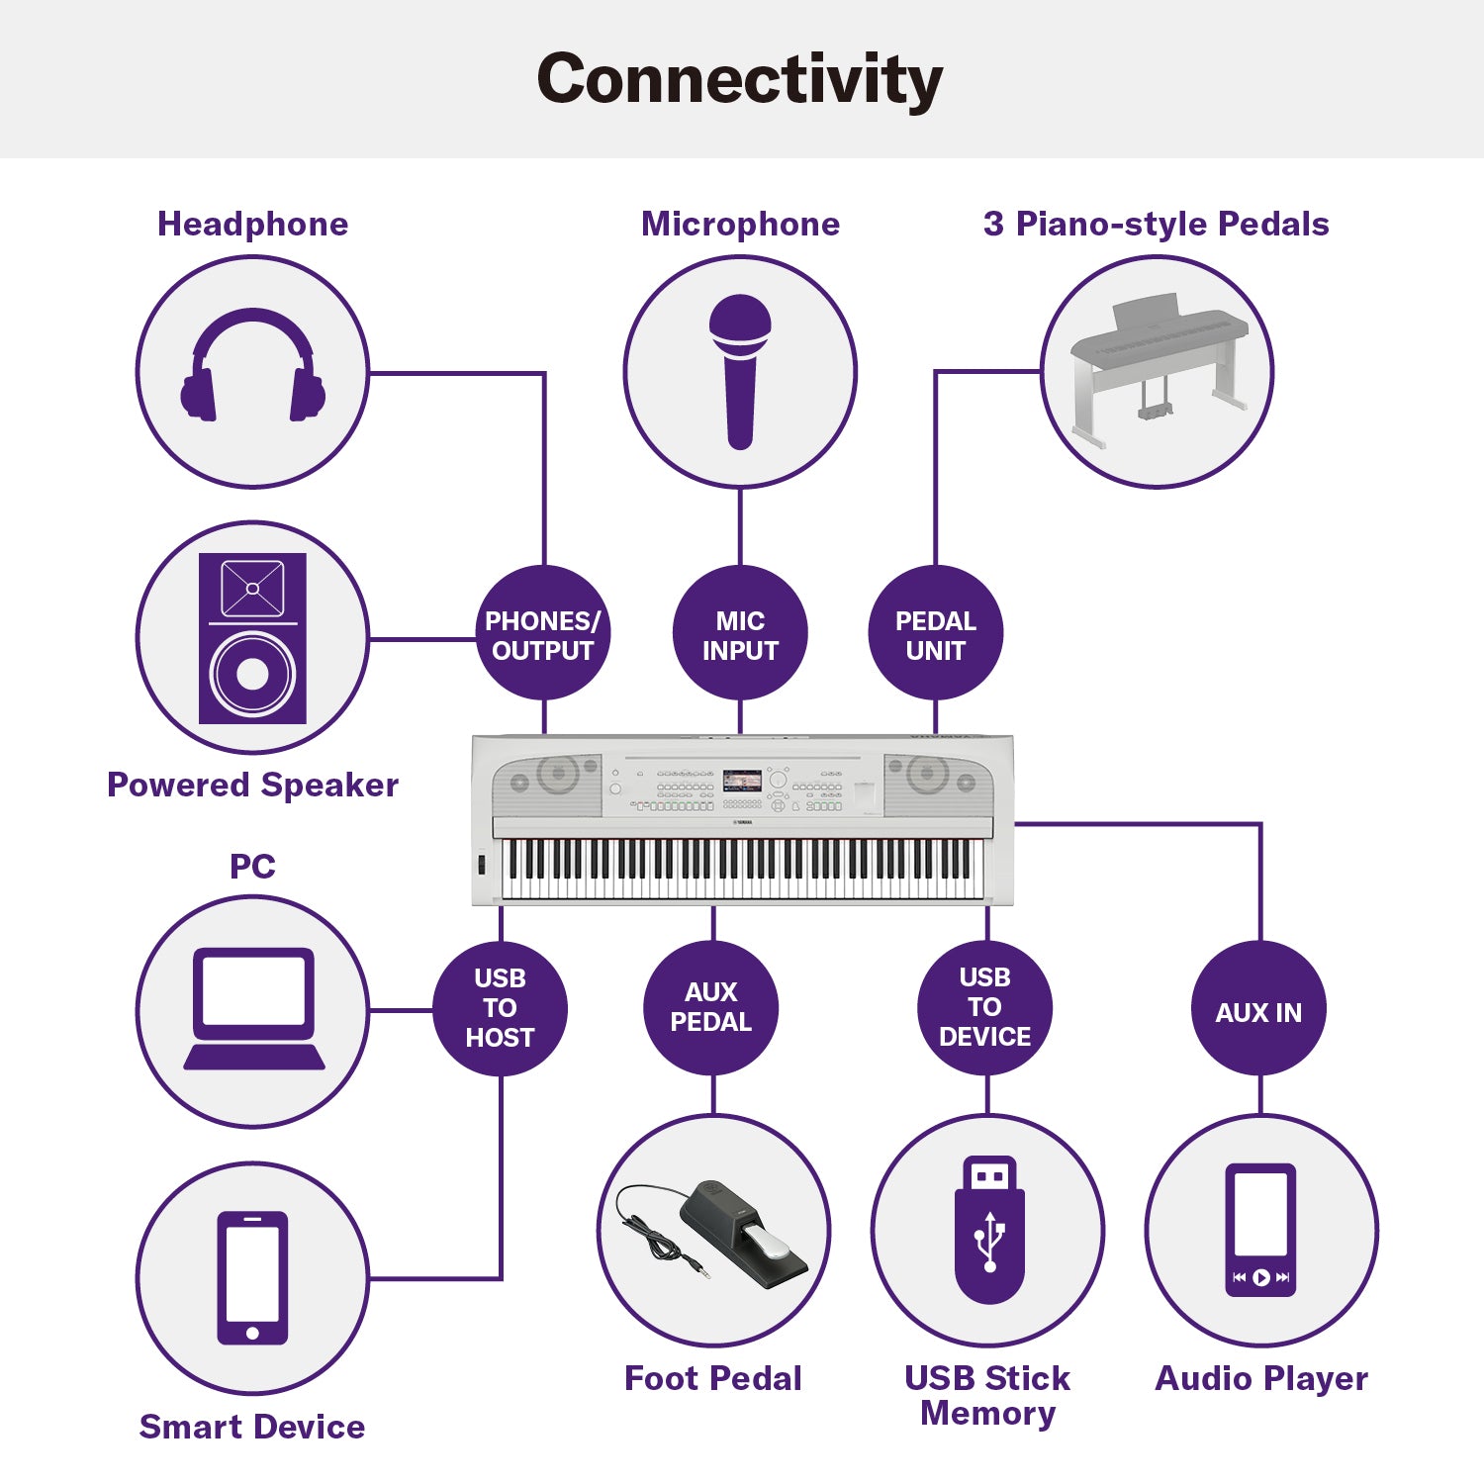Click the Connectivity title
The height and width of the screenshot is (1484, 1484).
(740, 79)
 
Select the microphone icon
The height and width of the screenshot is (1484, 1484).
(740, 372)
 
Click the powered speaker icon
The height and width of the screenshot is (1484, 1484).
(252, 638)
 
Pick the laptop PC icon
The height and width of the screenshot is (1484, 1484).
(253, 1009)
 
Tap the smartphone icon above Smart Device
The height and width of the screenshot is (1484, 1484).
(252, 1277)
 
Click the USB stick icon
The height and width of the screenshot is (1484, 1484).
(988, 1229)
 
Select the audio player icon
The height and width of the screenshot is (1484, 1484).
(1260, 1229)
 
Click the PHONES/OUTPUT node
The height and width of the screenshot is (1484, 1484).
(542, 635)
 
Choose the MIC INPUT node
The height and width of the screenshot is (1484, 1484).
(740, 635)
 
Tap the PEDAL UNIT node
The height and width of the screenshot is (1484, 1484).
(935, 635)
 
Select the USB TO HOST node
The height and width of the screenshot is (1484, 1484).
(500, 1008)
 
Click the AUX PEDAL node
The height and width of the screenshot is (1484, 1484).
(711, 1007)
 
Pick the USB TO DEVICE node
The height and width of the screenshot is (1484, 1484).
(985, 1007)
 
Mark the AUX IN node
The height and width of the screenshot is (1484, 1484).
(1258, 1011)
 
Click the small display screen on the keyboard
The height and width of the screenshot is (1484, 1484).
(742, 781)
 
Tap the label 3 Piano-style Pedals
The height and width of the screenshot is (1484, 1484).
(1156, 225)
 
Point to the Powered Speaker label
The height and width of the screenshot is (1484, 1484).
(252, 785)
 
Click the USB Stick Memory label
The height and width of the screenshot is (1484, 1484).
(987, 1395)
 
